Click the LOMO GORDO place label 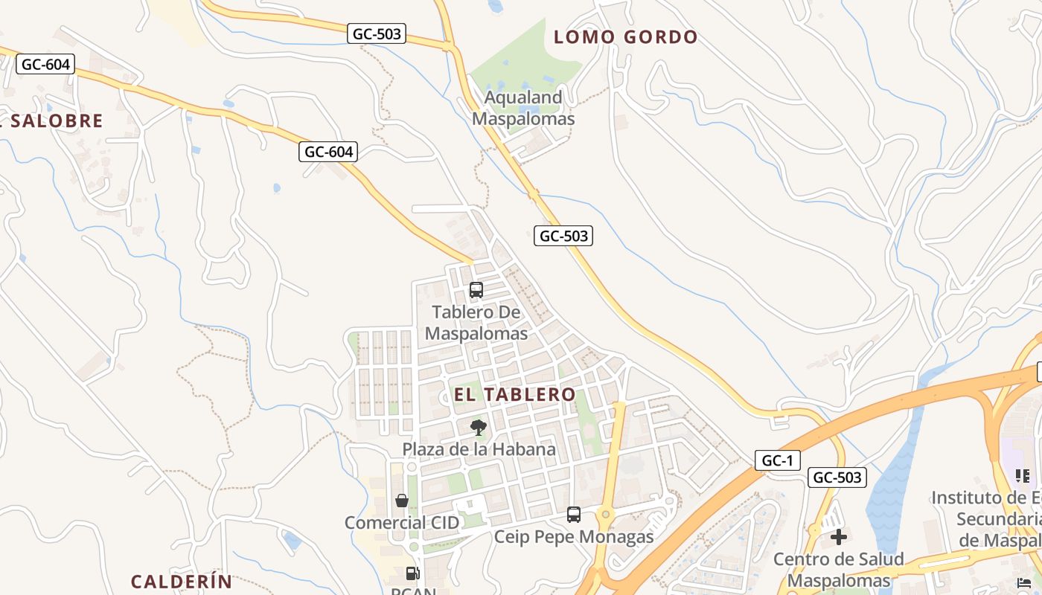point(626,37)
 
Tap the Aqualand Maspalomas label point(523,108)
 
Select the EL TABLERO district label point(515,394)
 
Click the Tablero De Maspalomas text point(476,322)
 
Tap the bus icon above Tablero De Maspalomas point(476,290)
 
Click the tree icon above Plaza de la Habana point(478,428)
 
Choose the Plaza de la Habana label point(479,449)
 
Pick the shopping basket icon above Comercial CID point(402,501)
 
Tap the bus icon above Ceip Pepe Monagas point(574,515)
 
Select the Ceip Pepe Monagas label point(574,537)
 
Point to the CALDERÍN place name point(182,582)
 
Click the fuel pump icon point(412,573)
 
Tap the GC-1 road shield point(778,460)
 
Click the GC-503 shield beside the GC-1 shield point(837,477)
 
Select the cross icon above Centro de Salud point(839,537)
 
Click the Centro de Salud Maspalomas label point(839,569)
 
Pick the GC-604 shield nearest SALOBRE point(46,64)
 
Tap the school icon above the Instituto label point(1022,475)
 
